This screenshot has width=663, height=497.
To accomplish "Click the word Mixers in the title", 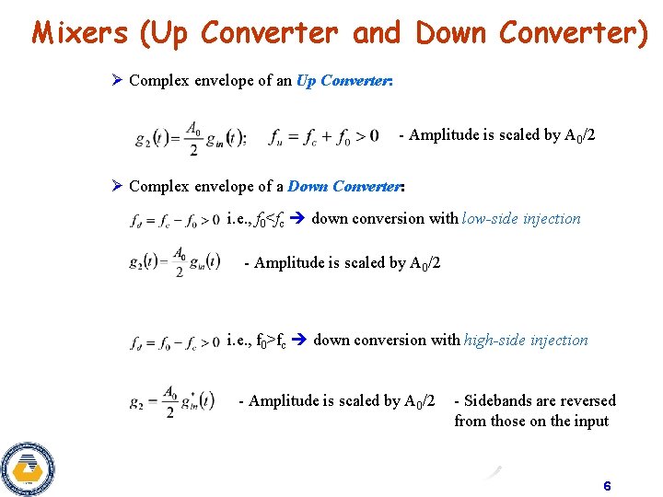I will (x=79, y=32).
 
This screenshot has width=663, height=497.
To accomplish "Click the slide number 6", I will (x=607, y=485).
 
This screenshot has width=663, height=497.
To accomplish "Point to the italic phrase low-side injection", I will (x=521, y=219).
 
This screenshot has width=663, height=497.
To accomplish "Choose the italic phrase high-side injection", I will (x=526, y=341).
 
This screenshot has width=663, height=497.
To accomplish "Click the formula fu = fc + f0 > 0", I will (x=323, y=137).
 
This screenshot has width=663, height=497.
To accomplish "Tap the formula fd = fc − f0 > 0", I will (x=175, y=221).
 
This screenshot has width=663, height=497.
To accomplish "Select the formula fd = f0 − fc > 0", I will (x=175, y=343).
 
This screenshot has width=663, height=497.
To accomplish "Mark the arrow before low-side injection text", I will (x=298, y=219).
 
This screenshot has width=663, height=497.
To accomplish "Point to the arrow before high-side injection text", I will (x=300, y=341).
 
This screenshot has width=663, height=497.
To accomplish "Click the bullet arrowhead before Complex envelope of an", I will (x=117, y=81).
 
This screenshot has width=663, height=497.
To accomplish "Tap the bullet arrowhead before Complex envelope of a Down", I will (x=117, y=187).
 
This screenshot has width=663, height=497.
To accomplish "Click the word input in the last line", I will (x=590, y=422).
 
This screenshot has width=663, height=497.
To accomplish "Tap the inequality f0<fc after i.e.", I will (x=271, y=220).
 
